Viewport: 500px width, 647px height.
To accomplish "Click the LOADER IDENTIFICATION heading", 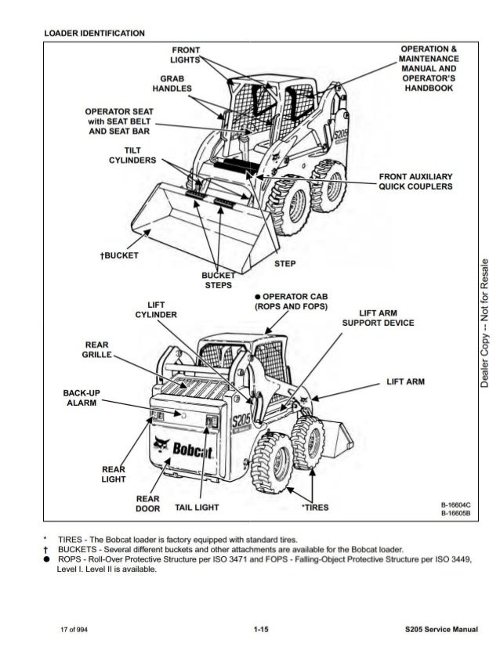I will pyautogui.click(x=94, y=34).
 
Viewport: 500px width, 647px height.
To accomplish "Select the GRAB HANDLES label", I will pyautogui.click(x=172, y=84).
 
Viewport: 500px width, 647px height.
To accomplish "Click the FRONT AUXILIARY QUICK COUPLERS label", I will pyautogui.click(x=415, y=181).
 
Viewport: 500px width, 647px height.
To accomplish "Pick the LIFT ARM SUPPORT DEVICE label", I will pyautogui.click(x=379, y=318).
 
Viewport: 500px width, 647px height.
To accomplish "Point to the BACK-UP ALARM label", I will pyautogui.click(x=82, y=397).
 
